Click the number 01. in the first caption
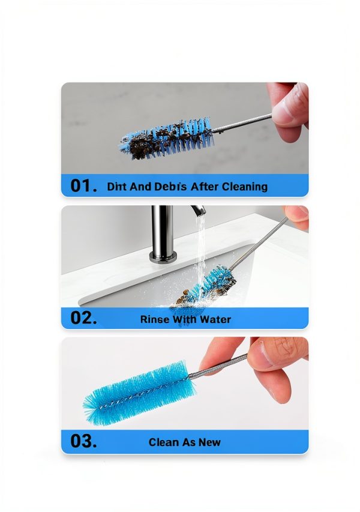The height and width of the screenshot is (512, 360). click(83, 186)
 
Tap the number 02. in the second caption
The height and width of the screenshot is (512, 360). click(83, 318)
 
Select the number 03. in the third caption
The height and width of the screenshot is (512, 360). click(83, 442)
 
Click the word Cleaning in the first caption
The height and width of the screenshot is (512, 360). click(244, 187)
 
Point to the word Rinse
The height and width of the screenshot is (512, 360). click(155, 319)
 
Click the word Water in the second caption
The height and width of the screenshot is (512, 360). click(215, 319)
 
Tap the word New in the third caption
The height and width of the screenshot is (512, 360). click(209, 442)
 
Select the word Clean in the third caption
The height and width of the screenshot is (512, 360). click(164, 442)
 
